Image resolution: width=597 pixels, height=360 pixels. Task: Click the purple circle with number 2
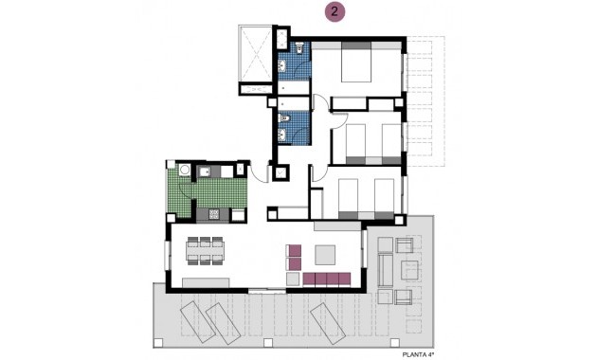(x=335, y=12)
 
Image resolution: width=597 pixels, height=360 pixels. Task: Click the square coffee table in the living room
(x=324, y=254)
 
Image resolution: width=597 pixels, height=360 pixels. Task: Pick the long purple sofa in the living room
(x=329, y=279)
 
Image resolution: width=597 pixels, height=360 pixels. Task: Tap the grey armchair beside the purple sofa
(x=294, y=256)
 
